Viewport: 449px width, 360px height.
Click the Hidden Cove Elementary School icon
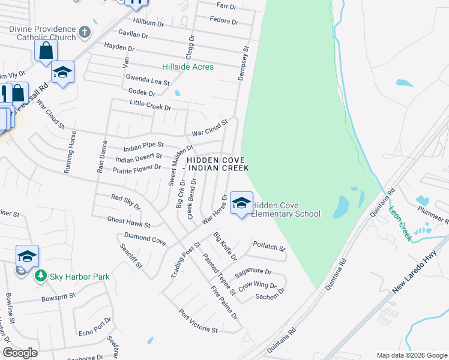point(241,203)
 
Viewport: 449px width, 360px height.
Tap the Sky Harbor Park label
point(80,277)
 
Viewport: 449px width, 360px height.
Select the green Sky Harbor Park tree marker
point(41,276)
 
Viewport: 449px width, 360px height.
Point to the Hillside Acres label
point(188,67)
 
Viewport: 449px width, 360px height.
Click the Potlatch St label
point(268,245)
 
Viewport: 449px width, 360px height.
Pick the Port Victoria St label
point(197,322)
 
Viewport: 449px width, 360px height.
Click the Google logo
point(20,353)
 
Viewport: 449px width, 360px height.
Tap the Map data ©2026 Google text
point(412,355)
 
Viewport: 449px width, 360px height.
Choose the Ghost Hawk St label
point(129,222)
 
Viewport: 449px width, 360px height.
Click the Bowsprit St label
point(58,296)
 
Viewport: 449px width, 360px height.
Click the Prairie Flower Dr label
point(137,169)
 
